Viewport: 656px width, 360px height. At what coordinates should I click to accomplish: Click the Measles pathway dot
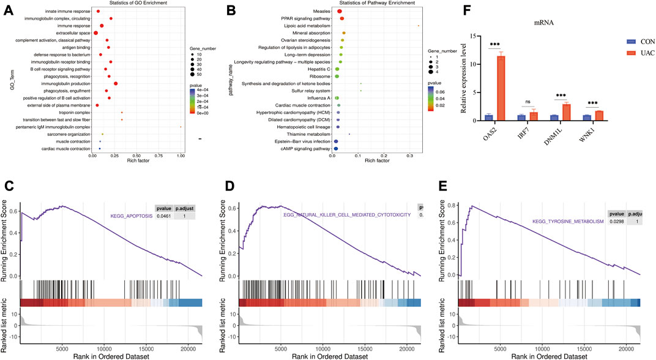340,11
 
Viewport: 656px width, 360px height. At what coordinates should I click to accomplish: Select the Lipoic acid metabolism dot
418,26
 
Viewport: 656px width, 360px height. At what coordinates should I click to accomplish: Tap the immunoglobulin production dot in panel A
116,83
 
